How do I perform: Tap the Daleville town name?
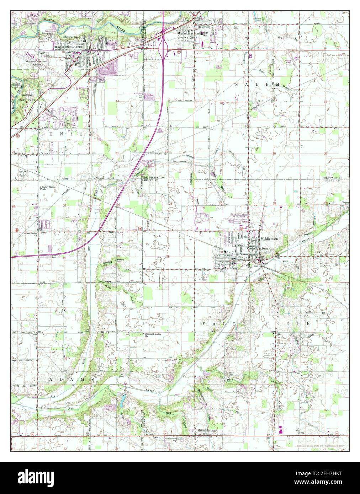point(204,26)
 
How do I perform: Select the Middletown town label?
point(269,239)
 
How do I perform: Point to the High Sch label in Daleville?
point(205,33)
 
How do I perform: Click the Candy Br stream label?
point(307,312)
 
